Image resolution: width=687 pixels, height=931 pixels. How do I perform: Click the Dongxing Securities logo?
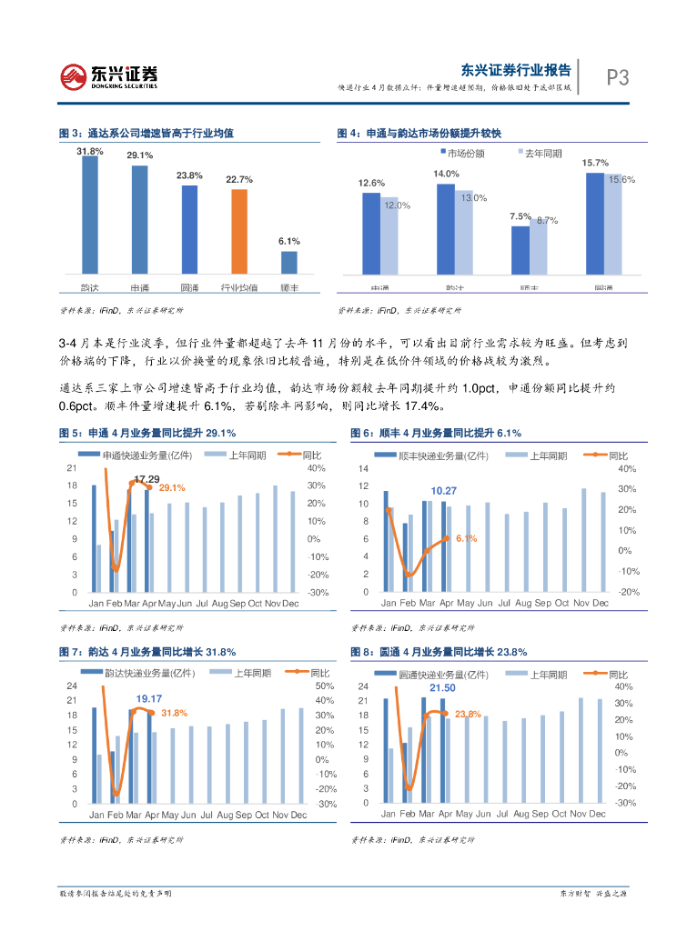pyautogui.click(x=109, y=75)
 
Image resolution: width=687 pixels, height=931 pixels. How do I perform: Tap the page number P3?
pyautogui.click(x=618, y=78)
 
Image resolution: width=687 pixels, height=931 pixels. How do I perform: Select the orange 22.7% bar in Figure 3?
pyautogui.click(x=239, y=231)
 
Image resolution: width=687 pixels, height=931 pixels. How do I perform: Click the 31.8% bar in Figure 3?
pyautogui.click(x=89, y=215)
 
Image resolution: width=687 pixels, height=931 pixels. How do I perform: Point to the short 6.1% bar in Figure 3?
pyautogui.click(x=288, y=262)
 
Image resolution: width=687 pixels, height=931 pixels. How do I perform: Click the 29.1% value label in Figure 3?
pyautogui.click(x=139, y=156)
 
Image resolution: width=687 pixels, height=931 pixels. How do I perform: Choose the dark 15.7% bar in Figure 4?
pyautogui.click(x=594, y=224)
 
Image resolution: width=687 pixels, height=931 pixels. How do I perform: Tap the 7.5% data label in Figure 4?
pyautogui.click(x=520, y=216)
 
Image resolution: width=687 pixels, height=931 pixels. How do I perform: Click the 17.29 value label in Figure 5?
pyautogui.click(x=146, y=479)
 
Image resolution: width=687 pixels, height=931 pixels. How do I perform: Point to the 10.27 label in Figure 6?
pyautogui.click(x=443, y=491)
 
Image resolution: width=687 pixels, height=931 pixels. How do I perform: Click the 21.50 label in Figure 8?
pyautogui.click(x=442, y=688)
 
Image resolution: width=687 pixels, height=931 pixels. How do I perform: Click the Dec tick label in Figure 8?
pyautogui.click(x=597, y=815)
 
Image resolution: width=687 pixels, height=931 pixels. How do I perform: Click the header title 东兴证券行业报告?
pyautogui.click(x=516, y=70)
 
